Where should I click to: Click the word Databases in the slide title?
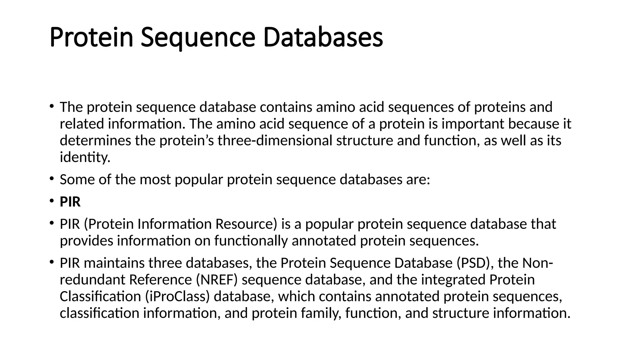tap(323, 38)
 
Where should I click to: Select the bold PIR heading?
tap(70, 202)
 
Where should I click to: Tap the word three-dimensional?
tap(275, 141)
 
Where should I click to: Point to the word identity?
tap(85, 157)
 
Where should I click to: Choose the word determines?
tap(95, 141)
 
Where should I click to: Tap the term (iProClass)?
tap(177, 296)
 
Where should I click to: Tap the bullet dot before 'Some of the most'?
tap(51, 179)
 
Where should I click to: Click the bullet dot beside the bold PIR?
tap(51, 201)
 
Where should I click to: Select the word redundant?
tap(92, 280)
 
